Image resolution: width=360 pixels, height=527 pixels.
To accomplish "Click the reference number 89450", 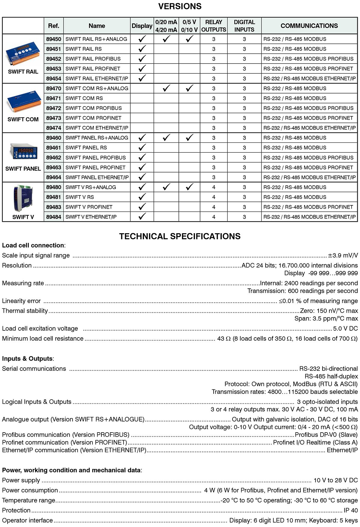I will [53, 39].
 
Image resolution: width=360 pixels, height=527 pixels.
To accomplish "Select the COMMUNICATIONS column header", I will [309, 26].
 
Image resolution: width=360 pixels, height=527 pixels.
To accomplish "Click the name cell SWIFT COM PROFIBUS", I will [94, 108].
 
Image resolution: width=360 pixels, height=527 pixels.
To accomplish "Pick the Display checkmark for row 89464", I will [142, 177].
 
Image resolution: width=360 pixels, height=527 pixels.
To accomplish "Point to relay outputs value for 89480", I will [214, 187].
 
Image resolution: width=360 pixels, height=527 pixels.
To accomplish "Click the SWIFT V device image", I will [23, 198].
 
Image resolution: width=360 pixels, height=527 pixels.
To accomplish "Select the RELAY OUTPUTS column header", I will [214, 26].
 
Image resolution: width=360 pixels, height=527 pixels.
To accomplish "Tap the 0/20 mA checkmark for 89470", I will [166, 88].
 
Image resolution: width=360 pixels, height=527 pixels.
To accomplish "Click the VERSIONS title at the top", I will [180, 6].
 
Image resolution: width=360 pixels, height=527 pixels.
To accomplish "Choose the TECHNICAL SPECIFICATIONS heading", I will [180, 237].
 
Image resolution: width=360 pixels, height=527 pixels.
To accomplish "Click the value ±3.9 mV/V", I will [343, 256].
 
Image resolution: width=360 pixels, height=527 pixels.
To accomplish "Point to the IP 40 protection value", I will [350, 511].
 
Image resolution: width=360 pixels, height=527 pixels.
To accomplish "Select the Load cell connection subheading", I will [33, 246].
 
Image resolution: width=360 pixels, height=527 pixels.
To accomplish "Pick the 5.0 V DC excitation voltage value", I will [345, 329].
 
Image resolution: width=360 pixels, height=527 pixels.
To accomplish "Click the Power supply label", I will [21, 481].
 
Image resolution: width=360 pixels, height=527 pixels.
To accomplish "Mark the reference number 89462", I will [53, 158].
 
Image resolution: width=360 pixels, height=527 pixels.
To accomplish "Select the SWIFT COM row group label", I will [23, 119].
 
